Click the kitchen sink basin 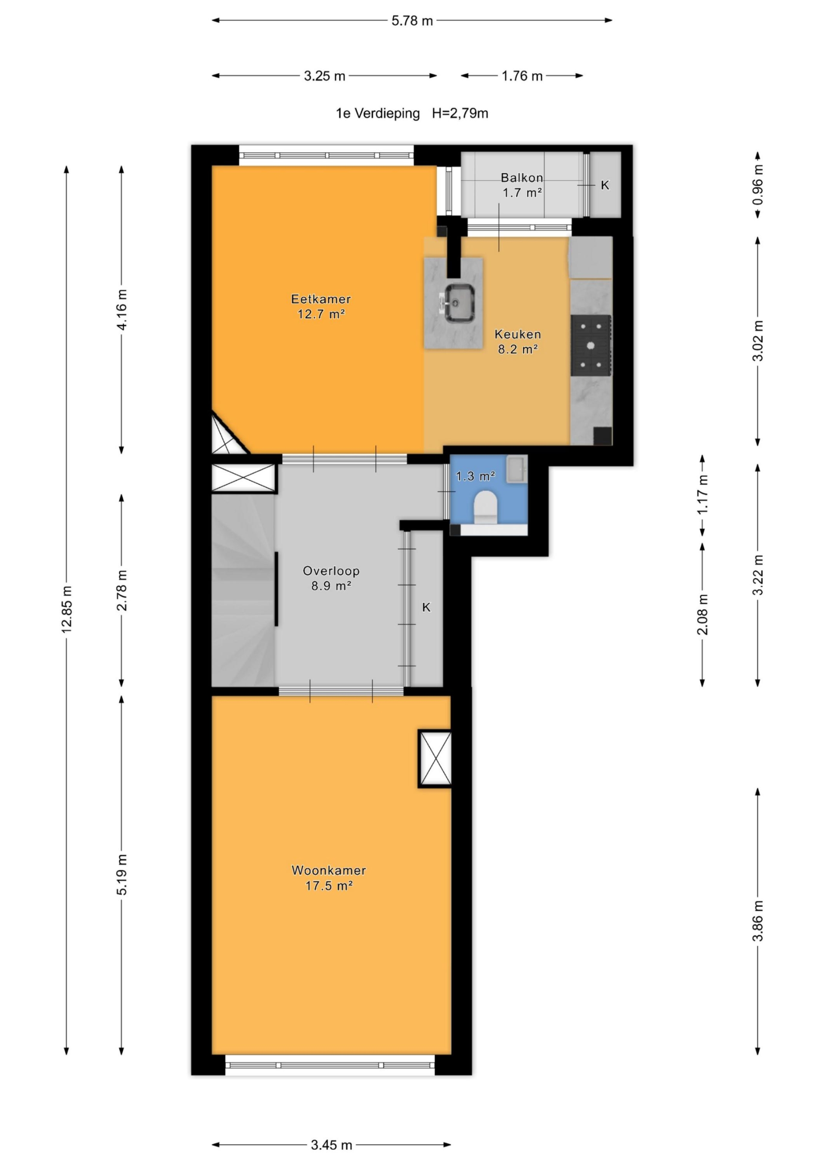pos(460,303)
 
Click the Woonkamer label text pos(328,870)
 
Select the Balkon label pos(522,178)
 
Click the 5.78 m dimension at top pos(412,21)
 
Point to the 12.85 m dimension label pos(67,610)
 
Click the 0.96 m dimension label pos(757,185)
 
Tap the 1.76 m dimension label pos(522,76)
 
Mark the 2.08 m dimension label pos(702,615)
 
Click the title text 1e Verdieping pos(378,113)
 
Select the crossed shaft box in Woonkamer pos(435,758)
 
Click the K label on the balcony pos(605,185)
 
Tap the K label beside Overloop pos(427,607)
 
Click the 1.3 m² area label pos(475,476)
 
